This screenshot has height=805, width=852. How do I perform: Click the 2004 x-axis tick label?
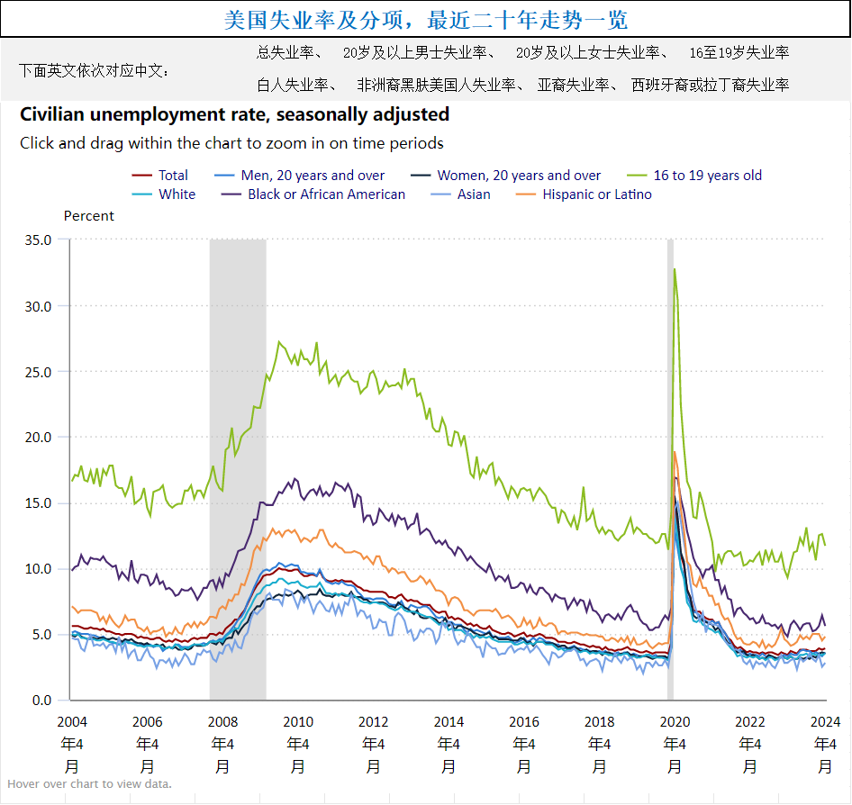coord(71,721)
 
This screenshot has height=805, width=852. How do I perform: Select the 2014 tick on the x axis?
coord(449,721)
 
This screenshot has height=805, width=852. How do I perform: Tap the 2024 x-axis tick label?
coord(825,721)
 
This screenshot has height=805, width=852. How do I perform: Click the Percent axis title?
coord(89,216)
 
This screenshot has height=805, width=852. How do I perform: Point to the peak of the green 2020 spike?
coord(674,269)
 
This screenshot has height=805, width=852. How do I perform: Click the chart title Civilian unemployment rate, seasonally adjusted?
coord(234,114)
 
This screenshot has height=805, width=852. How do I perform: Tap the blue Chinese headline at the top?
coord(425,20)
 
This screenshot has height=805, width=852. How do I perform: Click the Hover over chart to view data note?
coord(89,783)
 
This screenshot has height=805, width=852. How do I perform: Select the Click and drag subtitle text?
coord(231,143)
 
